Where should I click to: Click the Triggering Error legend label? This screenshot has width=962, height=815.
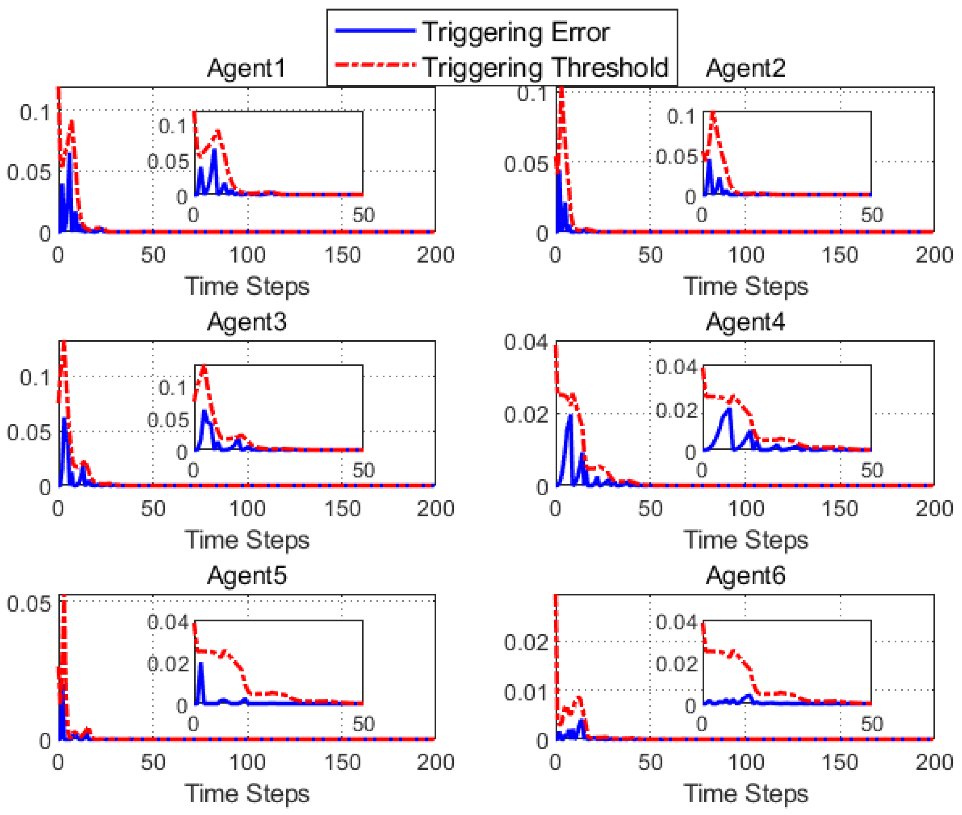(x=516, y=32)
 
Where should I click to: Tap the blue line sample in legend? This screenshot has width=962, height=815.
(x=375, y=31)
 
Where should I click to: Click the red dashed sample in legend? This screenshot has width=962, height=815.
(x=375, y=65)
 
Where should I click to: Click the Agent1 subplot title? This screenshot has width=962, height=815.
(x=246, y=68)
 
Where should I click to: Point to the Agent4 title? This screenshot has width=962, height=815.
(x=745, y=322)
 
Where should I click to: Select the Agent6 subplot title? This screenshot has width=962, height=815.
(x=745, y=576)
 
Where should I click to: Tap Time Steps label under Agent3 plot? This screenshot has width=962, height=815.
(x=247, y=540)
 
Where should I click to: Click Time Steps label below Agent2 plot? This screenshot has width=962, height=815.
(x=745, y=286)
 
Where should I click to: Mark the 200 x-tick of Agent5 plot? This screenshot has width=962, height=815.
(x=435, y=762)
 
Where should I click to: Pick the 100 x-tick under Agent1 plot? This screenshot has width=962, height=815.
(x=247, y=255)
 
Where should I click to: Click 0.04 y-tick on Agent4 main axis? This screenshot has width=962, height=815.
(x=525, y=342)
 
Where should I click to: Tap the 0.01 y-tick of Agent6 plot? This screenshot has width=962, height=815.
(x=525, y=693)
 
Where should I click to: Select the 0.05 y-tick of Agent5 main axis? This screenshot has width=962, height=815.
(x=29, y=604)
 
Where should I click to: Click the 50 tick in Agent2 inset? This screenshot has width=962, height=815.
(x=872, y=215)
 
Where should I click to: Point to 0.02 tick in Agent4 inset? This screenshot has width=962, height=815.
(x=676, y=410)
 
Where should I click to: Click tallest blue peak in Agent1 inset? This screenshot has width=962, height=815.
(x=214, y=150)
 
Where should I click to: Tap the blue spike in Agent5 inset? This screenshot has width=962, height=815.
(x=201, y=664)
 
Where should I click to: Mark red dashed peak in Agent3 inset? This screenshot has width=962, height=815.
(x=204, y=367)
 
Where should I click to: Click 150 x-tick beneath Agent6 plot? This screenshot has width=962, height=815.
(x=840, y=762)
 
